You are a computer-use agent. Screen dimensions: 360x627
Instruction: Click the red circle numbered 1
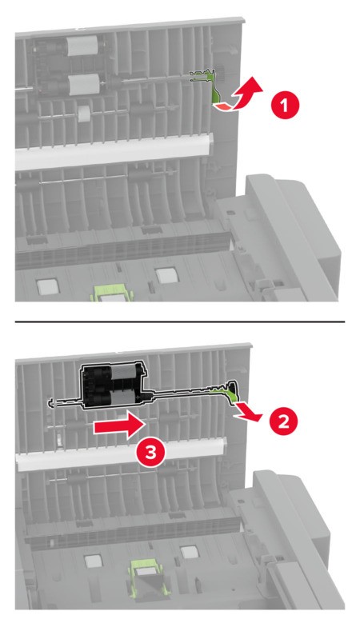click(x=285, y=106)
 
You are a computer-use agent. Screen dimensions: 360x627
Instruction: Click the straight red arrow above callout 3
click(x=118, y=427)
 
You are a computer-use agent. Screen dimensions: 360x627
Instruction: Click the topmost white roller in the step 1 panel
click(x=82, y=46)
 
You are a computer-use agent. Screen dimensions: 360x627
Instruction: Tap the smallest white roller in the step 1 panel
click(x=84, y=114)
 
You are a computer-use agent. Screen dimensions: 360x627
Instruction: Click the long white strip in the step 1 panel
click(x=114, y=151)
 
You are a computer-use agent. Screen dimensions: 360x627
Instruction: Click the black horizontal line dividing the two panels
click(x=179, y=321)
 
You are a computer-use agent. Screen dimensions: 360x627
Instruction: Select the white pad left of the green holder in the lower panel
click(x=94, y=561)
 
